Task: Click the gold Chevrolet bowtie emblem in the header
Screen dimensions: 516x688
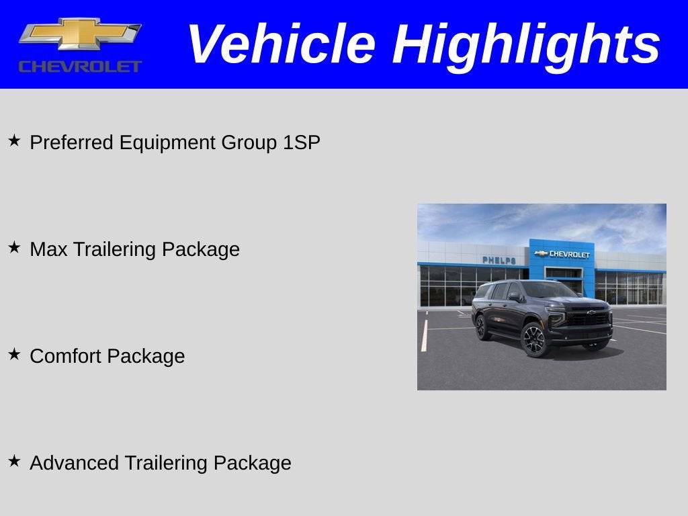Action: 79,34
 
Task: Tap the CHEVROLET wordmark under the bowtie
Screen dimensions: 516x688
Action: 80,67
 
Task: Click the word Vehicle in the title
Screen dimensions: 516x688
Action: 280,44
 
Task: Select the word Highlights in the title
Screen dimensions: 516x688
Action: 526,44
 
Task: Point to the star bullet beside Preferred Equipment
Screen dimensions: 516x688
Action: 14,141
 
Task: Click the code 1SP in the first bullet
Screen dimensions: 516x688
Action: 301,142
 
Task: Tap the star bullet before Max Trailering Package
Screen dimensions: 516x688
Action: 14,248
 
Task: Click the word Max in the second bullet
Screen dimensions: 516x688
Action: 49,249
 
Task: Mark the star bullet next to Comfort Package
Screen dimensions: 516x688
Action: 14,355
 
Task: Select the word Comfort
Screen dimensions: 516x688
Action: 66,356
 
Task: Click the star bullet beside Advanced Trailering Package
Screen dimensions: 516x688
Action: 14,462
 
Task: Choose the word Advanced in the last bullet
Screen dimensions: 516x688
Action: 74,463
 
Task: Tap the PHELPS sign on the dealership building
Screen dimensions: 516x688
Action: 499,260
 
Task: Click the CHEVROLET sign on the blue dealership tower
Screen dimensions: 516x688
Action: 563,254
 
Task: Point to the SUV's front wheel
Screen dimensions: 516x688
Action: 535,339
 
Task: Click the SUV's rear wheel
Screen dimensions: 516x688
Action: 481,327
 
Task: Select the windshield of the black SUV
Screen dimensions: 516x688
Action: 548,290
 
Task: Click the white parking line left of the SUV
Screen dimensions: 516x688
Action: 425,336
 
